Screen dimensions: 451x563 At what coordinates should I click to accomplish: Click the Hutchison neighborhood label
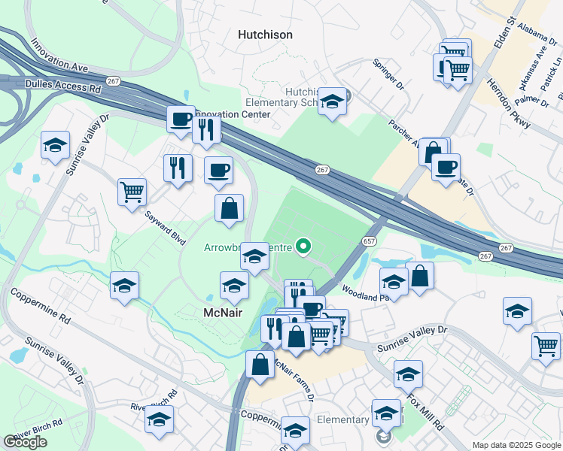pyautogui.click(x=264, y=35)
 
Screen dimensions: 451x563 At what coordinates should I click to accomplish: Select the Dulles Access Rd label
pyautogui.click(x=63, y=86)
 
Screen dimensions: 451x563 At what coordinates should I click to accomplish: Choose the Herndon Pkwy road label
pyautogui.click(x=509, y=104)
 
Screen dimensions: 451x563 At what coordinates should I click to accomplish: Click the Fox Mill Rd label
pyautogui.click(x=427, y=401)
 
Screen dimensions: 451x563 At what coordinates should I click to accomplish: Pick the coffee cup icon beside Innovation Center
pyautogui.click(x=181, y=119)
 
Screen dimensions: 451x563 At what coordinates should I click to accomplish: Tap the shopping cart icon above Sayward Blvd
pyautogui.click(x=132, y=191)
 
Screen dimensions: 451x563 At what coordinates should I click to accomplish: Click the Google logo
pyautogui.click(x=25, y=442)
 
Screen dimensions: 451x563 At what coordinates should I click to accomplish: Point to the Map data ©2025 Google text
pyautogui.click(x=516, y=445)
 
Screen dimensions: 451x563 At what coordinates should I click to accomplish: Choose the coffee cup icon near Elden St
pyautogui.click(x=446, y=166)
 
